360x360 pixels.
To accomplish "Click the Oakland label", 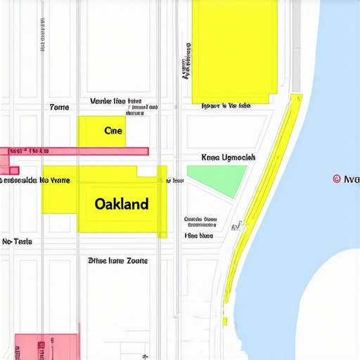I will [121, 204].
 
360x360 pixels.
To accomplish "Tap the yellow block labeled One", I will [102, 131].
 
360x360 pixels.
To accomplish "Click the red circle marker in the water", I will [336, 179].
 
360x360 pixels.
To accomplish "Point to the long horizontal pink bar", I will [77, 151].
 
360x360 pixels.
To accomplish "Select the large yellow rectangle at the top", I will [234, 51].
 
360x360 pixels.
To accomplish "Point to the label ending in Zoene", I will [117, 260].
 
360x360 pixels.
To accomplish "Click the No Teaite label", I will [17, 241].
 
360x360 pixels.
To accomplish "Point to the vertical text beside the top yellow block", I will [186, 63].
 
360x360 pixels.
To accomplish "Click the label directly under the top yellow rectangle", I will [225, 107].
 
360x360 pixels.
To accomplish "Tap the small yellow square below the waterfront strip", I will [225, 321].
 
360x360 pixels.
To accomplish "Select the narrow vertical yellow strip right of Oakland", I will [162, 201].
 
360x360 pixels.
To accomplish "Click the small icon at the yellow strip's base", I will [238, 226].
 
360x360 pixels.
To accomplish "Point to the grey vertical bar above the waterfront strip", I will [296, 46].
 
